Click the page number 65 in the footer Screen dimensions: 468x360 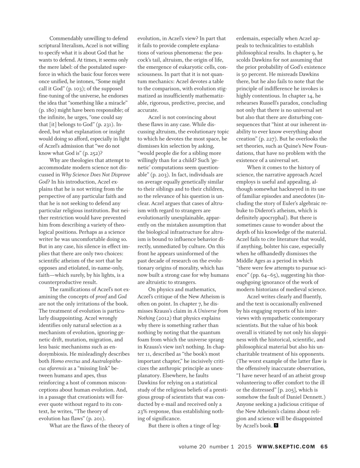[324, 446]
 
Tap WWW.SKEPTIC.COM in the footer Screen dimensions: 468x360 [286, 446]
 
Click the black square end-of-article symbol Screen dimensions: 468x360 [276, 426]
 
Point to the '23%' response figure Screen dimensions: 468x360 [143, 411]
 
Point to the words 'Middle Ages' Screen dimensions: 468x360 [252, 261]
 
